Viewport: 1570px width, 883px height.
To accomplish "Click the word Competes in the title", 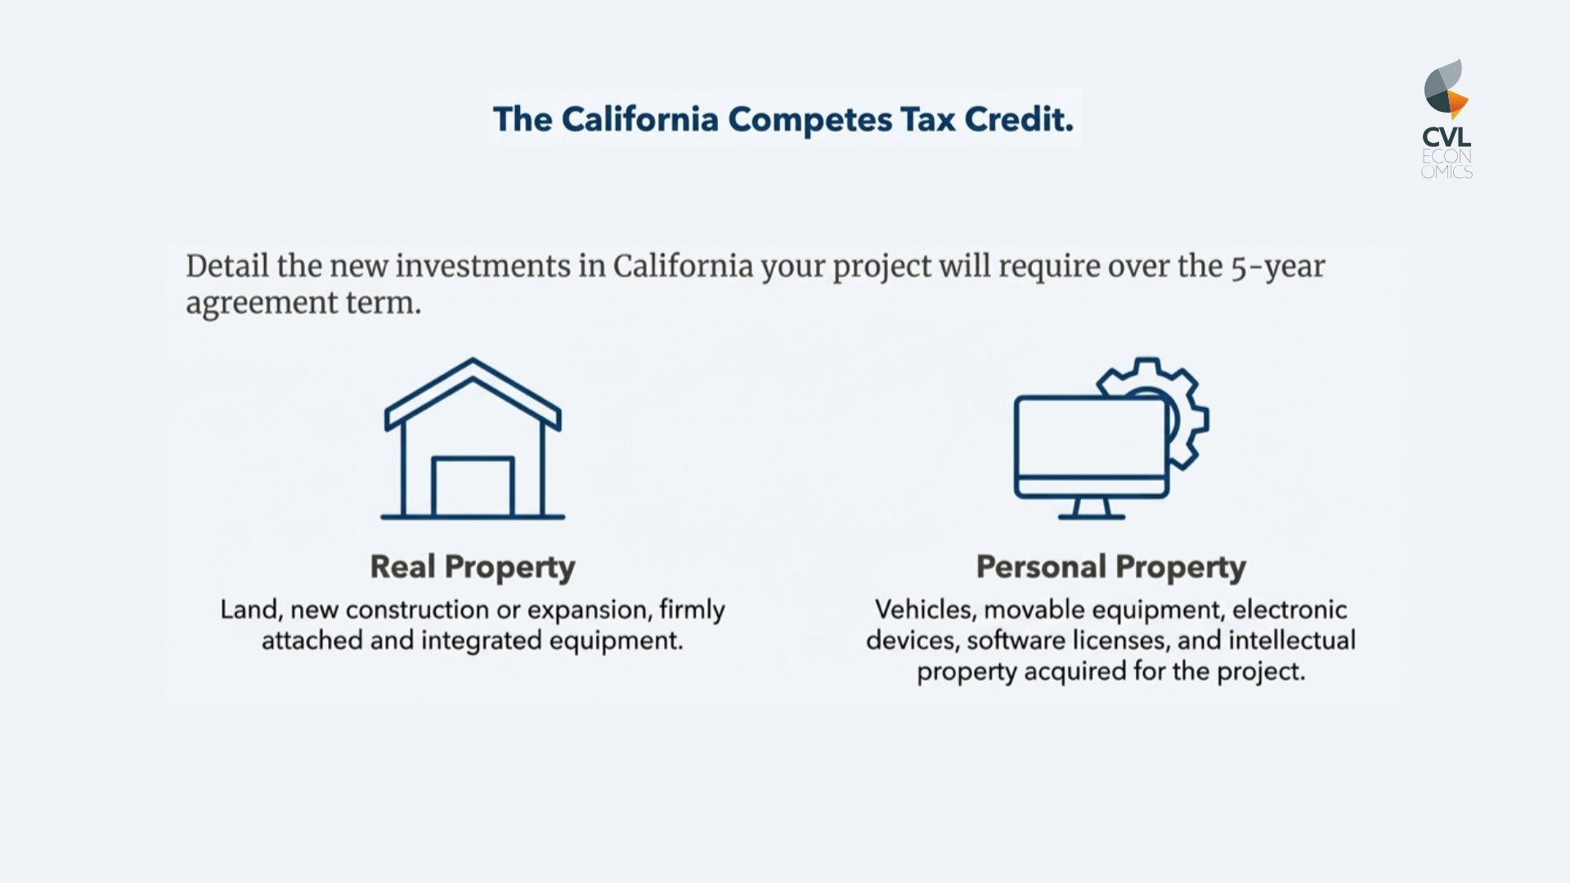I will (x=810, y=119).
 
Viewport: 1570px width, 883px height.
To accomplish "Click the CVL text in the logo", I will (x=1447, y=137).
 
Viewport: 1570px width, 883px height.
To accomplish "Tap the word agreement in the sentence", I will (x=261, y=303).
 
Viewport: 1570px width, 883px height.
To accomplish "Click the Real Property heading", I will (x=473, y=567).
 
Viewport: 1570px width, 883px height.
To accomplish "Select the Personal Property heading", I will (x=1110, y=567).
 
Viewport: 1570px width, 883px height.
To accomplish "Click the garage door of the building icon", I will (x=473, y=487).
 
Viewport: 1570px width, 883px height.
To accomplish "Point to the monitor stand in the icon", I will (x=1091, y=509).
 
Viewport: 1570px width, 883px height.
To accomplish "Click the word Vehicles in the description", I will (x=924, y=610).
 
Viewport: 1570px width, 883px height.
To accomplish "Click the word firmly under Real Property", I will (x=692, y=610).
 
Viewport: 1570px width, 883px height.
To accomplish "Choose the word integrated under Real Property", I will (x=481, y=641).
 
